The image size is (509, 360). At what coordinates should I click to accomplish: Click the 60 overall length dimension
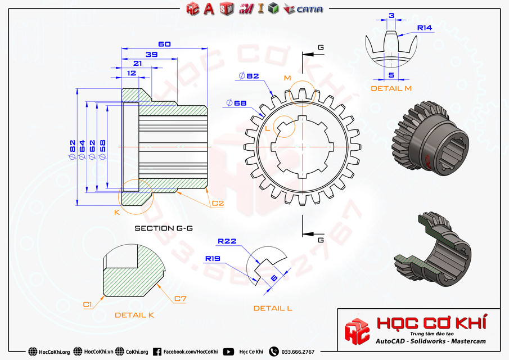(164, 44)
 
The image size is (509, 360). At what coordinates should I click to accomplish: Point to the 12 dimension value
(131, 74)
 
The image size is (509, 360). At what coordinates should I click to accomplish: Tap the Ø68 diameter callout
(236, 103)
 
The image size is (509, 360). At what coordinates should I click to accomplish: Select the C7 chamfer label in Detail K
(180, 299)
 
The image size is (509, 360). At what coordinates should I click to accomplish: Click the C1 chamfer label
(87, 304)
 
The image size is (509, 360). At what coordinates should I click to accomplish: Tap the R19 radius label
(213, 259)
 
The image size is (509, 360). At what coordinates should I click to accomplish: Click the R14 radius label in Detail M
(424, 28)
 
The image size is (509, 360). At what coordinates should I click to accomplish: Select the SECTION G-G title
(164, 228)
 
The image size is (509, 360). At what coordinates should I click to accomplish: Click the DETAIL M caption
(391, 88)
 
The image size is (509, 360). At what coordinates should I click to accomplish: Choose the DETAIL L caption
(272, 308)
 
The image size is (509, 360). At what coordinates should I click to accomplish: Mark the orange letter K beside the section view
(117, 212)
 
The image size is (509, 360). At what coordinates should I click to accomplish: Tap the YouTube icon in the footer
(228, 352)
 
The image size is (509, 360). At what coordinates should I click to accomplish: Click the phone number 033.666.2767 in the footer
(299, 352)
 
